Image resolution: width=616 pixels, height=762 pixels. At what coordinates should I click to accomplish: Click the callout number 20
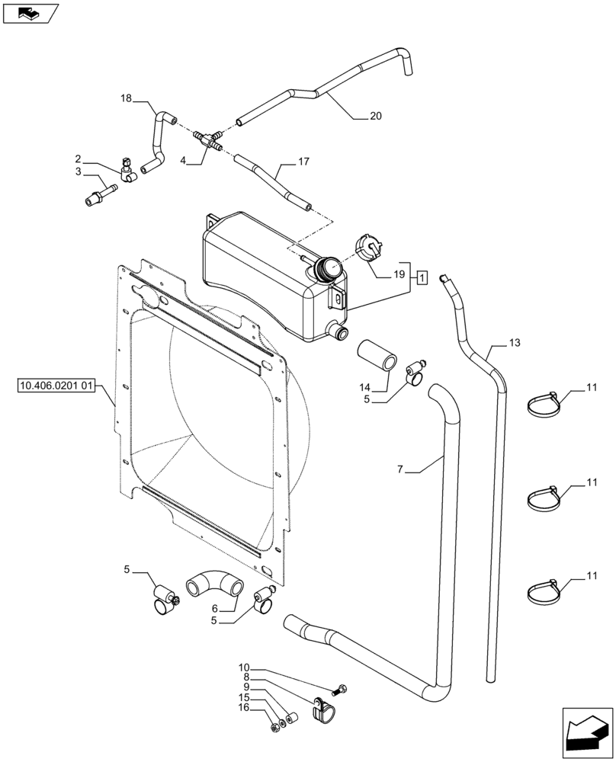click(375, 116)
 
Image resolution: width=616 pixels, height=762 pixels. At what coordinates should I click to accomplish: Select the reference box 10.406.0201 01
click(53, 387)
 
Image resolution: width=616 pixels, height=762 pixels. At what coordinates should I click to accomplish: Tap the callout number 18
click(126, 98)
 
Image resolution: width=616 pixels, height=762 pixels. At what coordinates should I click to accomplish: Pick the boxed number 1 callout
click(422, 278)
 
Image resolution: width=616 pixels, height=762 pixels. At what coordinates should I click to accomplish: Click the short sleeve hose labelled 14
click(378, 357)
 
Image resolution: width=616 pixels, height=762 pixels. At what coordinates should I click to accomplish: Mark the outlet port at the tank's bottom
click(337, 331)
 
